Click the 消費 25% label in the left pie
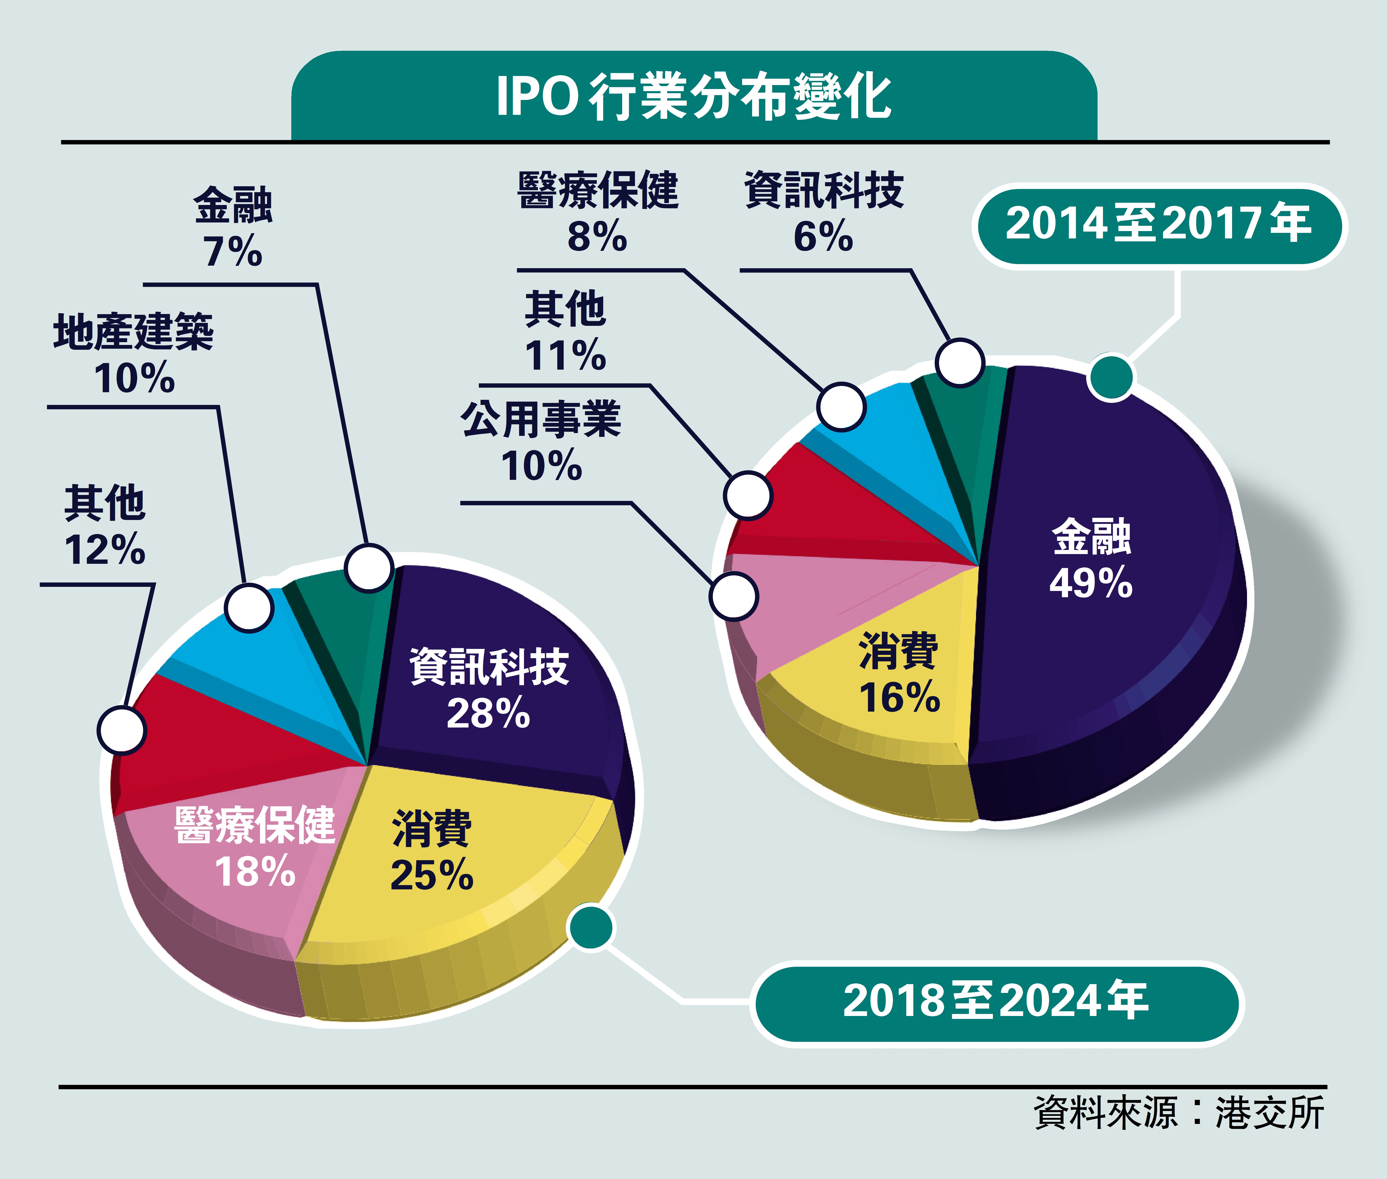(432, 851)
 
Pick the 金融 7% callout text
(233, 227)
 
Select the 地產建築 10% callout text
(134, 354)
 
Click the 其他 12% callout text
(105, 526)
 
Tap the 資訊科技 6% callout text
(824, 212)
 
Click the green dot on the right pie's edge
(1110, 377)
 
